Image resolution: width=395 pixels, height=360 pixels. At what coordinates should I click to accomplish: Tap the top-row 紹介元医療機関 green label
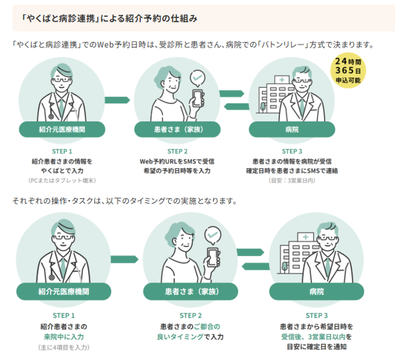click(x=62, y=129)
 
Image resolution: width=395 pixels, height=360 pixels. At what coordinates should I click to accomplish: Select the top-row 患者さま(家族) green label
click(x=177, y=129)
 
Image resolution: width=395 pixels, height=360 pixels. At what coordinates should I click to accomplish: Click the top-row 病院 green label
click(x=292, y=129)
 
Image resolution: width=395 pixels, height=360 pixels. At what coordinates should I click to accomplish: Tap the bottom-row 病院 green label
click(x=316, y=292)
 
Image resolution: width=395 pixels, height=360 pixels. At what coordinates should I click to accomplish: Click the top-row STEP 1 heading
click(x=62, y=151)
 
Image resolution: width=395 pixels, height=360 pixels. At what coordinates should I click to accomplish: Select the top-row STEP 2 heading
click(x=177, y=151)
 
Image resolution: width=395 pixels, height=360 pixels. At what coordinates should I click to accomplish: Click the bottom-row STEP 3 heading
click(x=316, y=315)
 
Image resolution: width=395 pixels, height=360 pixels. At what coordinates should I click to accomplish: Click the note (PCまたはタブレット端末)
click(x=62, y=180)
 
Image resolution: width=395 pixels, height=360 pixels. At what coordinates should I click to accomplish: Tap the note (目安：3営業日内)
click(x=292, y=180)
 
